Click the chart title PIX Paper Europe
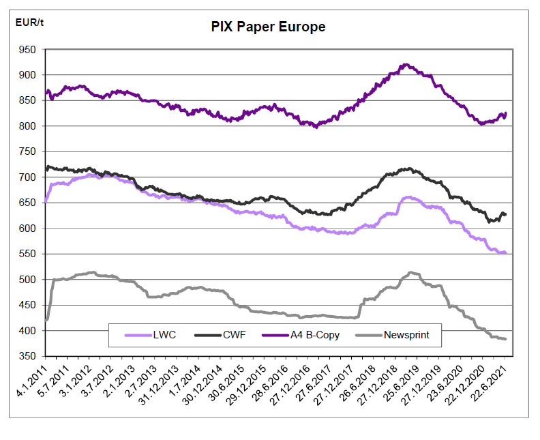point(267,27)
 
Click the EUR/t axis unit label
point(30,23)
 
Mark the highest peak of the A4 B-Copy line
point(406,65)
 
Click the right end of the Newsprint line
point(505,339)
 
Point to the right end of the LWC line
point(505,253)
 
